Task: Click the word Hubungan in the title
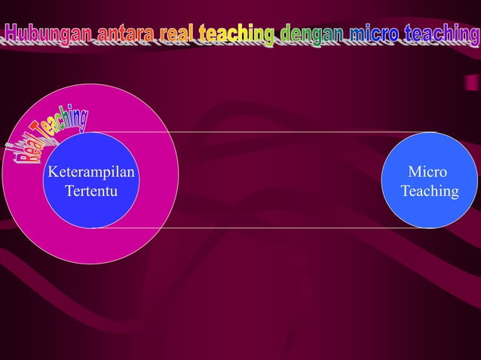coord(48,35)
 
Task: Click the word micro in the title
coord(372,35)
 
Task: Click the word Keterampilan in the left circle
coord(91,172)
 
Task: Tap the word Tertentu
coord(91,191)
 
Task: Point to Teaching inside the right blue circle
coord(430,191)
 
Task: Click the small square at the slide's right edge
coord(470,81)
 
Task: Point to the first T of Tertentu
coord(69,191)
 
